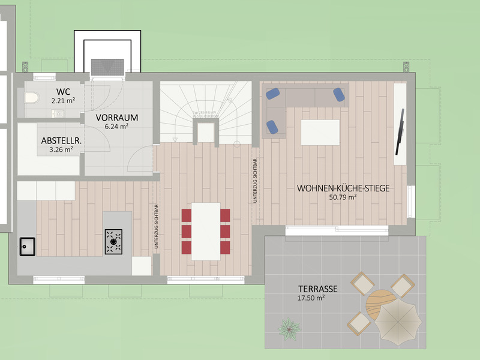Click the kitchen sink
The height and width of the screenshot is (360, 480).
(x=27, y=245)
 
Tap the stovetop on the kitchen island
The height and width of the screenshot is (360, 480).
(x=113, y=241)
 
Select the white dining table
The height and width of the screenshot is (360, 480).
(x=206, y=231)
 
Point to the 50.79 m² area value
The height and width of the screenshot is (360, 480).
(x=343, y=197)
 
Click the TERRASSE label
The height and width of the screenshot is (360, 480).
(x=317, y=289)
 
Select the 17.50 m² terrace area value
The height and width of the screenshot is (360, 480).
(x=311, y=298)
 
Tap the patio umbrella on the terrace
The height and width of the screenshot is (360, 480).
(x=397, y=321)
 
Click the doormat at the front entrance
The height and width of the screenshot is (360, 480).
(x=107, y=66)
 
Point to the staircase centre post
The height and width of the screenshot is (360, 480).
(x=206, y=131)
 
